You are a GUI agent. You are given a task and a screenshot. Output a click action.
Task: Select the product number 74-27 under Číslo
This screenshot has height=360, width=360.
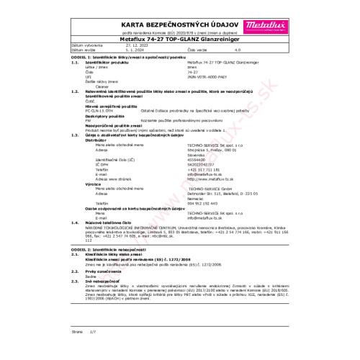pos(183,72)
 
